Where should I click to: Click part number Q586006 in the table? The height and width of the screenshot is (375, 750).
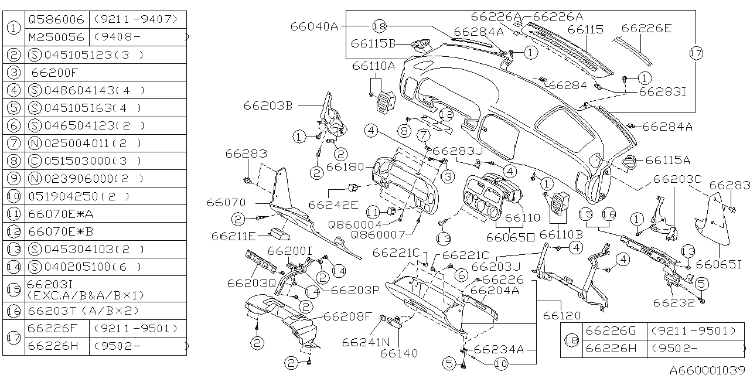[56, 19]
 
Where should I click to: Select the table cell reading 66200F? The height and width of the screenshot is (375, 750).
[54, 73]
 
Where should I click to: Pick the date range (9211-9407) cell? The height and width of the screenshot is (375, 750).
[135, 19]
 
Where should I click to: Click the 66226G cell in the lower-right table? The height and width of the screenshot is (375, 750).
[611, 331]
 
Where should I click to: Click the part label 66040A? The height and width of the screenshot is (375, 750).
[314, 26]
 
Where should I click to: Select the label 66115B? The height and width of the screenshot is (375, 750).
[373, 43]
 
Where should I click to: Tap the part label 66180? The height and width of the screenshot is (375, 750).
[345, 167]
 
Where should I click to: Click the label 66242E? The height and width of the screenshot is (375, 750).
[333, 204]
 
